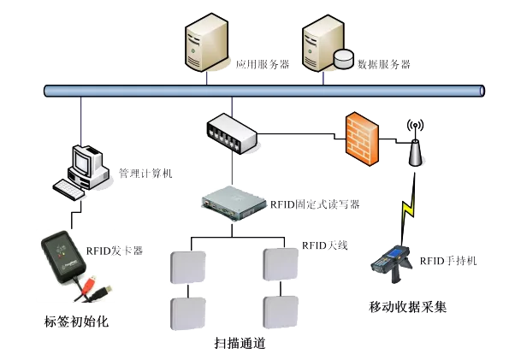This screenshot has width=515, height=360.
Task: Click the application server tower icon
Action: (x=206, y=42)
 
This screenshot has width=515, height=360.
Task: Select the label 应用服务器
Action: (x=263, y=64)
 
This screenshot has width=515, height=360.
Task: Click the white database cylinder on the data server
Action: (x=343, y=59)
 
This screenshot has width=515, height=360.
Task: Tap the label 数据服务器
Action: (x=384, y=64)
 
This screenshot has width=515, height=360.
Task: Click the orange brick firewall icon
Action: (x=362, y=139)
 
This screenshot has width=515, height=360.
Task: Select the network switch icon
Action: (x=232, y=133)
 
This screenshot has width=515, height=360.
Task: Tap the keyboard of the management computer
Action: (x=69, y=189)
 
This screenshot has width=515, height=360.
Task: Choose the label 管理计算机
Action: (x=145, y=173)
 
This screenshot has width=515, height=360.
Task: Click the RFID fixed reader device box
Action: (x=234, y=204)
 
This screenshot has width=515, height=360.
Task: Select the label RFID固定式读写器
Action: (x=315, y=204)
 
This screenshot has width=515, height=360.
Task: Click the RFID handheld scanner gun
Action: (x=392, y=263)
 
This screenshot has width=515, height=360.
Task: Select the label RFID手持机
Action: (x=448, y=261)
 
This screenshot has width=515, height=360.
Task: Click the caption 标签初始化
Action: (x=76, y=322)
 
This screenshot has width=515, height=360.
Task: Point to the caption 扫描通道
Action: (x=240, y=343)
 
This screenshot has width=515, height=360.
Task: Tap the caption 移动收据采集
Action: (x=407, y=307)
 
